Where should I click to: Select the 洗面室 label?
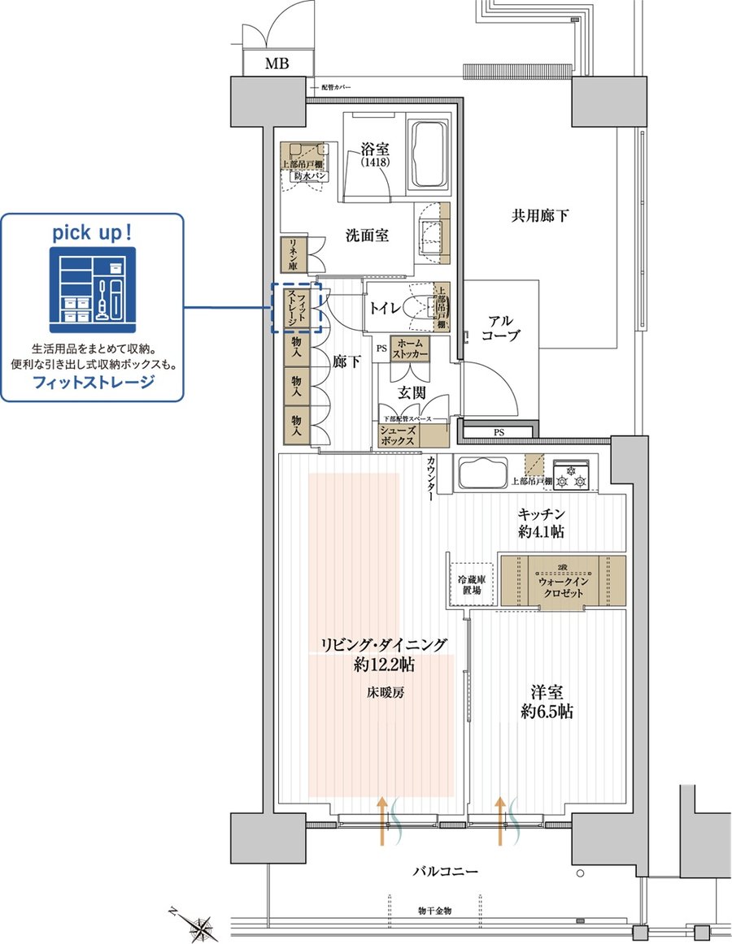(367, 236)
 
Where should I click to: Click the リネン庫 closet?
(290, 254)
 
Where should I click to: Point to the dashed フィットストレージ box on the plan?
(296, 308)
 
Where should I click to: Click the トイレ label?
(386, 308)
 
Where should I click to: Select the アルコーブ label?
(499, 327)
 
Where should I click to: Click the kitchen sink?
(482, 474)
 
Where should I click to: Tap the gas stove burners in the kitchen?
(572, 475)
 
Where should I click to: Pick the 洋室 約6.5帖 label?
(547, 702)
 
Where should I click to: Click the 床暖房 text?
(384, 694)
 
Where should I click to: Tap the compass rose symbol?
(200, 925)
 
